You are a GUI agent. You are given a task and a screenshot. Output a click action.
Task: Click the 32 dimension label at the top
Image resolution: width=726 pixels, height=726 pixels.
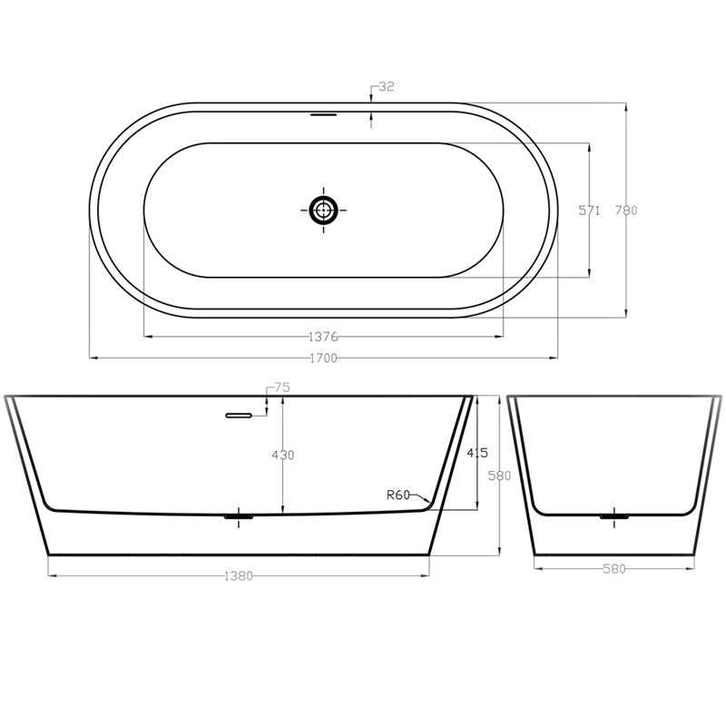[386, 87]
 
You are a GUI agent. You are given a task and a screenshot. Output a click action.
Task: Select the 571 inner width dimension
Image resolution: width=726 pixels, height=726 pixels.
[590, 210]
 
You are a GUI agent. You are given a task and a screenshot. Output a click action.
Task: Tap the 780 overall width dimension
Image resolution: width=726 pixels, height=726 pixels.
[626, 210]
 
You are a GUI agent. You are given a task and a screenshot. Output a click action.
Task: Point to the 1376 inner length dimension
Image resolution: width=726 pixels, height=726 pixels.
[323, 337]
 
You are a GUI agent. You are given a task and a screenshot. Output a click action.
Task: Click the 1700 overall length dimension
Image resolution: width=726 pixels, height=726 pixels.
[323, 358]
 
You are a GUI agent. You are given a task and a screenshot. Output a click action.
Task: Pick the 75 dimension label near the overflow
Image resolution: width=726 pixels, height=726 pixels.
[281, 388]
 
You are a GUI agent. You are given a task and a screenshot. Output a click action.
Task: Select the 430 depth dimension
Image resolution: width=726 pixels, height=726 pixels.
[283, 455]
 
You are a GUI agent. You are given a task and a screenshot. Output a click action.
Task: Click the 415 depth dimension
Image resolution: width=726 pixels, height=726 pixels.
[478, 451]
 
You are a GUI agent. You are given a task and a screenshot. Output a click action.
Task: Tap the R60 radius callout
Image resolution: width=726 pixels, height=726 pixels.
[397, 495]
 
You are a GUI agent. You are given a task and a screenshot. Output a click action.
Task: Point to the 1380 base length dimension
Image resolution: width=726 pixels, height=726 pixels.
[239, 574]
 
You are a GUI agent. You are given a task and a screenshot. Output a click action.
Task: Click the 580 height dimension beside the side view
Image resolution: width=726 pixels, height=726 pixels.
[501, 475]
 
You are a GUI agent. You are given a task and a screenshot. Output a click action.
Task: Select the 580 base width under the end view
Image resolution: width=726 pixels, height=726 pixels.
[614, 569]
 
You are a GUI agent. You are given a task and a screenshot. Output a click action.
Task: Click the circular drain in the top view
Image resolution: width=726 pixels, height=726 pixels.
[323, 211]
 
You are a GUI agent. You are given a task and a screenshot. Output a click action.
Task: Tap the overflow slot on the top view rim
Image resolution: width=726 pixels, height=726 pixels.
[323, 115]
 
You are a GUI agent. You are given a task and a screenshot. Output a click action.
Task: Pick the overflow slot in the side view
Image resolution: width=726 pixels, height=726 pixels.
[238, 416]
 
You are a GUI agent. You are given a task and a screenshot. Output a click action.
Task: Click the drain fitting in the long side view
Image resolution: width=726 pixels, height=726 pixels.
[239, 516]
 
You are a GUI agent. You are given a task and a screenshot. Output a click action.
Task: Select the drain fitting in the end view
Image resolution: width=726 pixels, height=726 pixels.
[614, 516]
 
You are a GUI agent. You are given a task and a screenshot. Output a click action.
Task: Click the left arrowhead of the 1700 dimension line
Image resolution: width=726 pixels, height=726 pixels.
[92, 358]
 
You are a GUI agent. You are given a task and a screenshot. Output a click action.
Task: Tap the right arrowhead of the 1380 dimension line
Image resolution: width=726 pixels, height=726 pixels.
[427, 574]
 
